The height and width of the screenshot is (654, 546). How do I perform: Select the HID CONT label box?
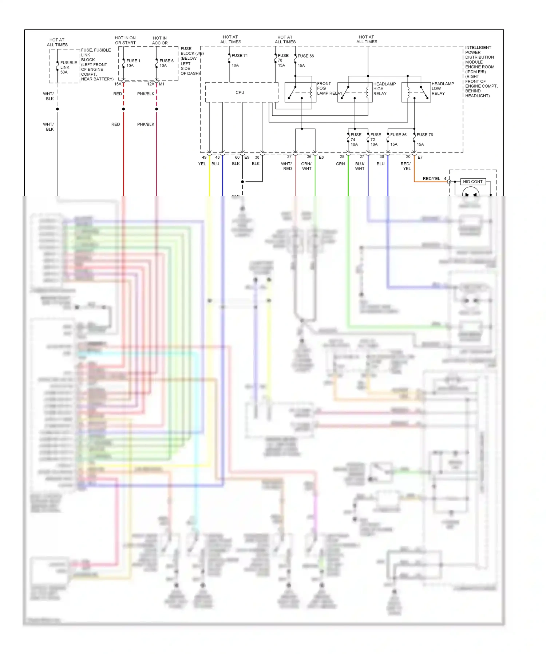[x=472, y=182]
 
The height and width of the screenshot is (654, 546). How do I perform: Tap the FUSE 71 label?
[x=240, y=56]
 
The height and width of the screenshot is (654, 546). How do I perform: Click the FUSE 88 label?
[x=305, y=56]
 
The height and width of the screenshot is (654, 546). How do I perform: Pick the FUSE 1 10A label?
[x=133, y=63]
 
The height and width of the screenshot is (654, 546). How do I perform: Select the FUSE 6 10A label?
[x=166, y=63]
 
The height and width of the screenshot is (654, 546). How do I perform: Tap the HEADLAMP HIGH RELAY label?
[x=384, y=89]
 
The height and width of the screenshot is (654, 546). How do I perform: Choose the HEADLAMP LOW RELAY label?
[x=442, y=88]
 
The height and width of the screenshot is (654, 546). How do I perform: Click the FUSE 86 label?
[x=398, y=135]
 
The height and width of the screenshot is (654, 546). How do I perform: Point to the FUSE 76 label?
[x=424, y=135]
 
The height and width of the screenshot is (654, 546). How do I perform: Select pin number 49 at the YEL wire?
[x=204, y=157]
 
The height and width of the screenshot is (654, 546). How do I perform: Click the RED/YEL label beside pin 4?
[x=431, y=179]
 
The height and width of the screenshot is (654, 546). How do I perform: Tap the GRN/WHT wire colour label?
[x=306, y=166]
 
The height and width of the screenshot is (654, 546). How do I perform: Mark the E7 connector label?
[x=420, y=157]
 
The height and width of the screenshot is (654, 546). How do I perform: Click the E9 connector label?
[x=247, y=157]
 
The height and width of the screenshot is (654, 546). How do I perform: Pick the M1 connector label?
[x=162, y=84]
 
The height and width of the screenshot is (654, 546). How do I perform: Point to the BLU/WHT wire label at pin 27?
[x=360, y=166]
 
